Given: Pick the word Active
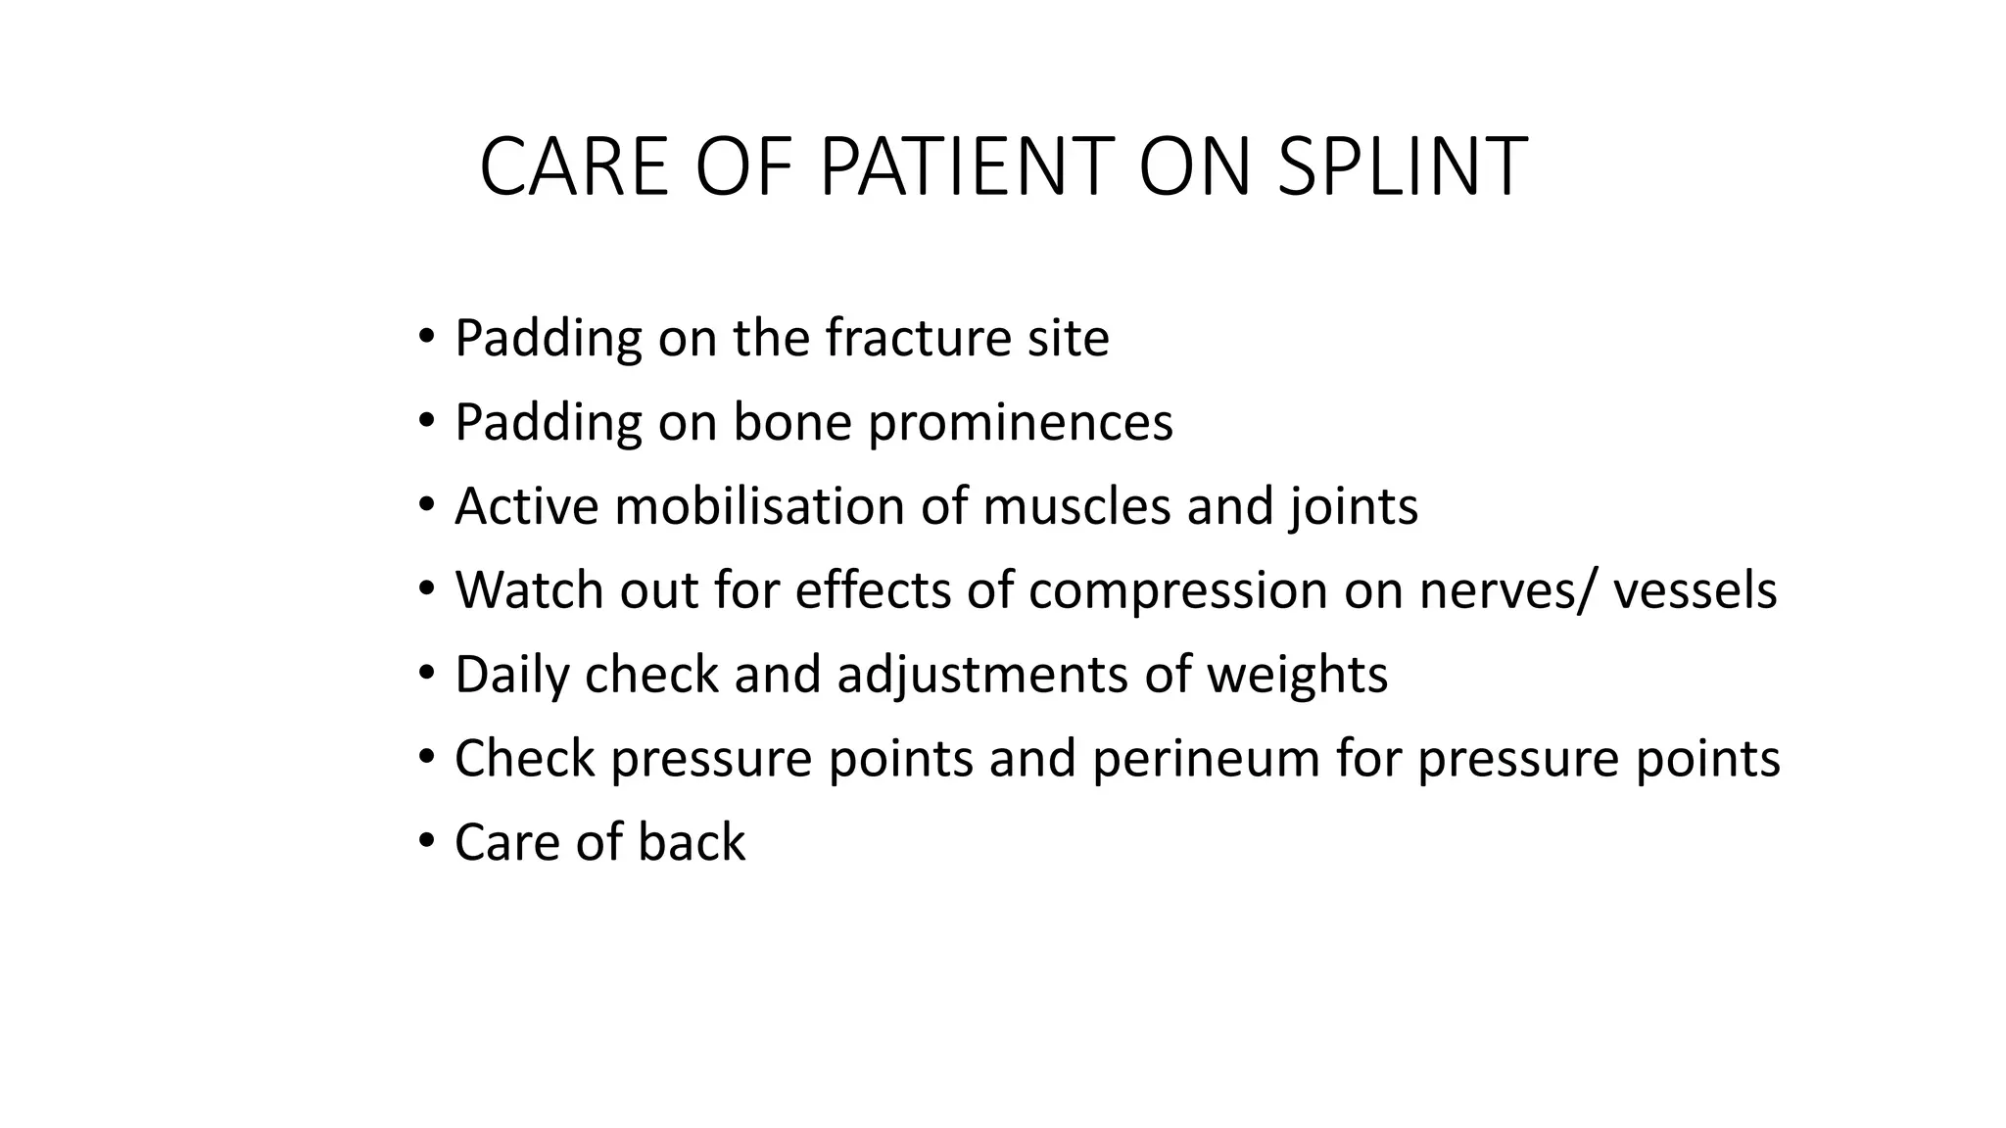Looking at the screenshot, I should [x=526, y=507].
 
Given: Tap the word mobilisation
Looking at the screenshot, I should [x=759, y=507].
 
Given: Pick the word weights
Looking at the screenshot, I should [x=1296, y=676].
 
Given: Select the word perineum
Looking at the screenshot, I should [x=1206, y=760].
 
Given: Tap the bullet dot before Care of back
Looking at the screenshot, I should [x=425, y=841].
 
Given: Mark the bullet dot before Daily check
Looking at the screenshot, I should [x=425, y=673].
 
